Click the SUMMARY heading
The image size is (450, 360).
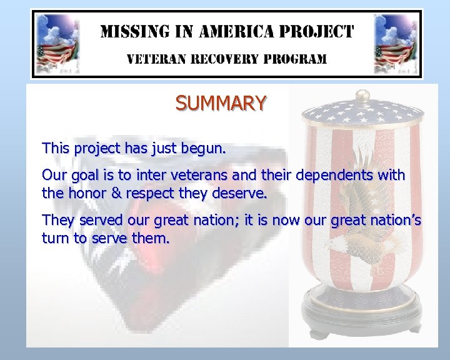(221, 103)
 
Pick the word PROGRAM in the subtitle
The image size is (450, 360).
(295, 59)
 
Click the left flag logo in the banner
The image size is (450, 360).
(56, 44)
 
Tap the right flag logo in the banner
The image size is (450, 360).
(395, 44)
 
